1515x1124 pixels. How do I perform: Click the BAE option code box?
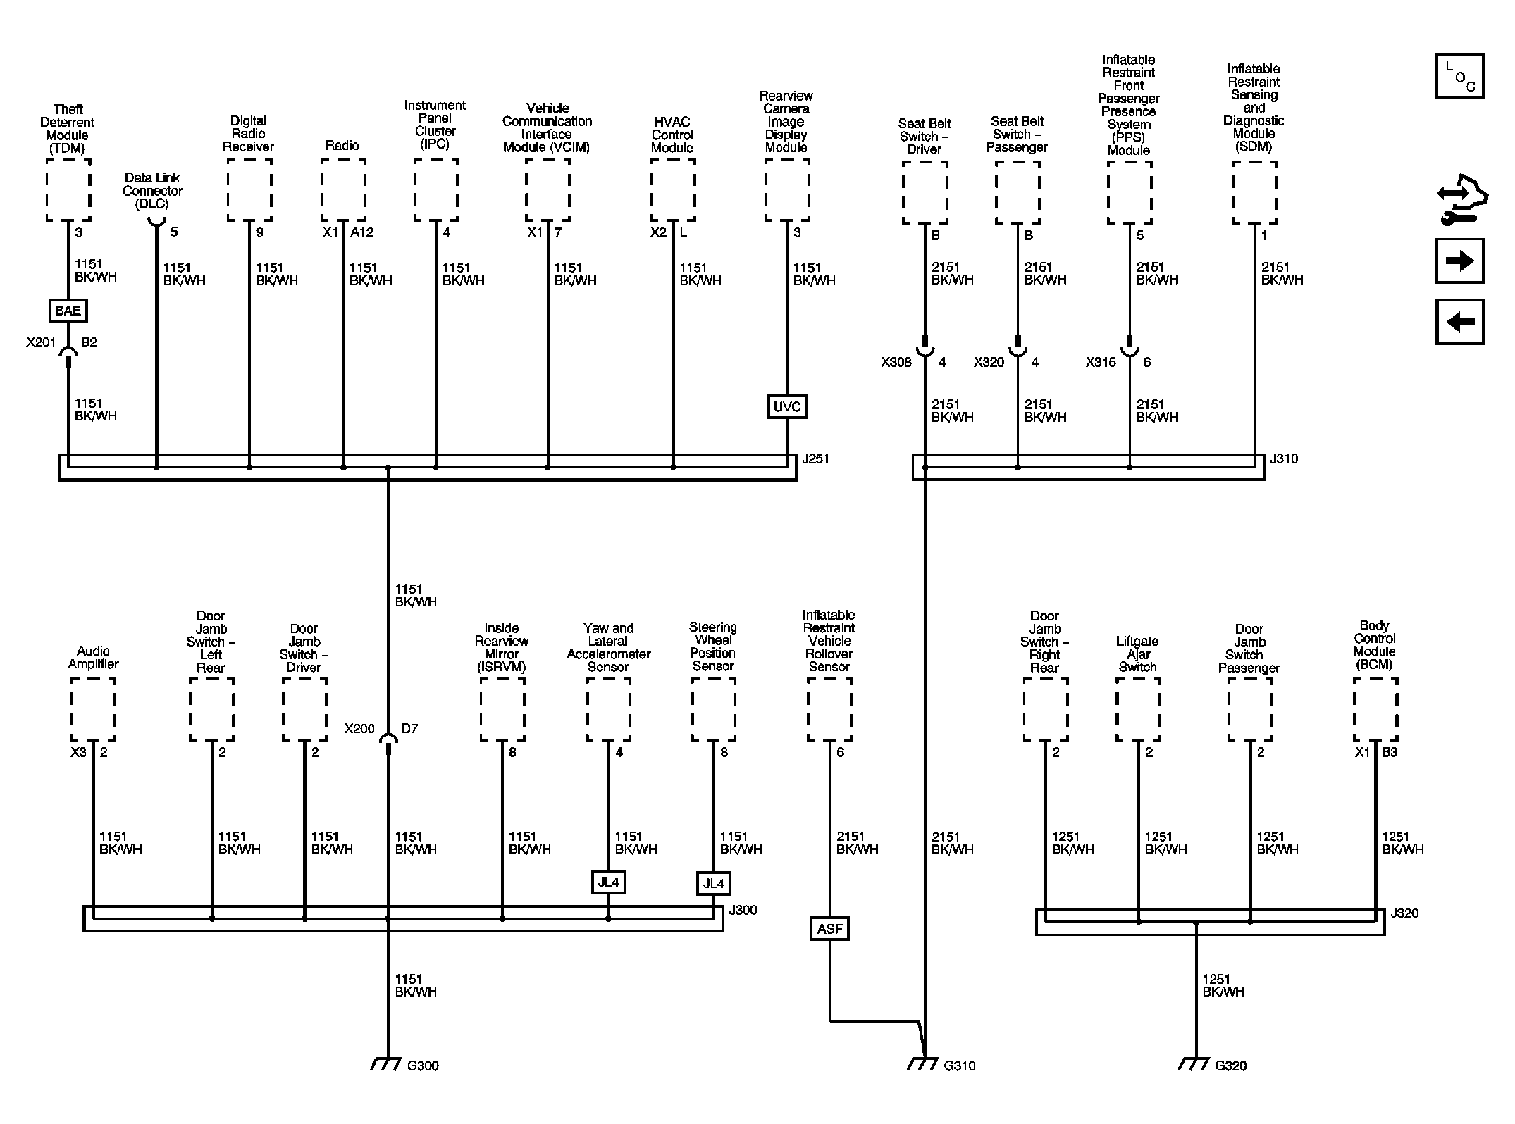coord(68,311)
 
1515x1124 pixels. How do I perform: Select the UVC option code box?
coord(786,406)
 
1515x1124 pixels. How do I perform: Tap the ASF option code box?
coord(829,929)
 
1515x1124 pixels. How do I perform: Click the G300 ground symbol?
coord(386,1064)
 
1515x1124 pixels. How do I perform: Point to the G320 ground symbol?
coord(1194,1064)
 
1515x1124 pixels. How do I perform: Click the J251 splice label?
coord(815,459)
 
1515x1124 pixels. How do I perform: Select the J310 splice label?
coord(1283,459)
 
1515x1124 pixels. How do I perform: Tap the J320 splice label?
coord(1404,913)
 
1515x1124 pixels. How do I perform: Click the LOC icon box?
coord(1459,76)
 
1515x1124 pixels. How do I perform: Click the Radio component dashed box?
coord(343,189)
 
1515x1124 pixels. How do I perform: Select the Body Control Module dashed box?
coord(1375,709)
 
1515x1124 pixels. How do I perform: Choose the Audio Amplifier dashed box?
coord(93,709)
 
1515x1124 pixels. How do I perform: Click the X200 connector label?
coord(359,729)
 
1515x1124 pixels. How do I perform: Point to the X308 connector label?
coord(896,362)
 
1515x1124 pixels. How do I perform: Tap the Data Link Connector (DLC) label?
coord(152,191)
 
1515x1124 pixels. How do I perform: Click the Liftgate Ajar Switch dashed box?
coord(1138,709)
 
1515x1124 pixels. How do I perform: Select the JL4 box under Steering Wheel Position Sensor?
coord(713,883)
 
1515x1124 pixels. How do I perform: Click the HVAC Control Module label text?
coord(672,135)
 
